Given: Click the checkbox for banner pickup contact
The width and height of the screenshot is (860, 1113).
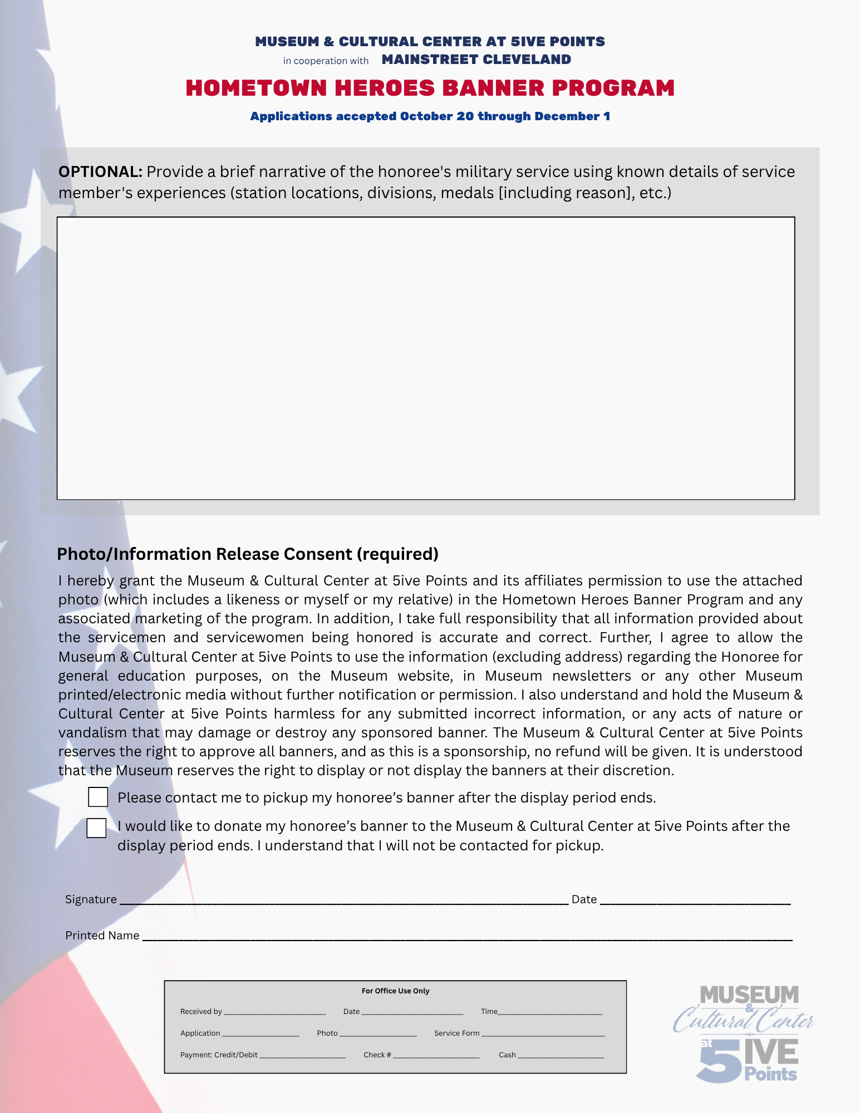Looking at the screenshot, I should (x=98, y=797).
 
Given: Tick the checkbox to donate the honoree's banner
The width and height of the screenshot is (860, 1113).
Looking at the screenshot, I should (x=96, y=828).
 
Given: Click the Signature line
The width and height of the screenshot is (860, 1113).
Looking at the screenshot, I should (x=344, y=900).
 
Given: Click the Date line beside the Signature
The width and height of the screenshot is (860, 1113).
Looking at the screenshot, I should (x=695, y=900).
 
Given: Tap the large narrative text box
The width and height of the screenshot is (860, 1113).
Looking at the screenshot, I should (x=426, y=358).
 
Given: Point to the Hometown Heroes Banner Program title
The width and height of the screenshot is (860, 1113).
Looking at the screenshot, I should (x=430, y=88).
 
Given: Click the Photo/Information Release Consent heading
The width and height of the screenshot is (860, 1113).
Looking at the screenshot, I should (x=248, y=554).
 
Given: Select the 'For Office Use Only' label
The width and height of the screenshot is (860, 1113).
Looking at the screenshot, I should (x=395, y=991).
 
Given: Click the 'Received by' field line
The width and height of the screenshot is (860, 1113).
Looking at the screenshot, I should (x=274, y=1012).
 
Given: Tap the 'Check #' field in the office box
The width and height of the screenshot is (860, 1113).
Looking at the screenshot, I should (x=436, y=1056).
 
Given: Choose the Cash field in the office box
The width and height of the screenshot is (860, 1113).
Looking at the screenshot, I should (x=561, y=1056).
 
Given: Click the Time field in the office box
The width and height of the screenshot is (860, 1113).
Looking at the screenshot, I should (x=550, y=1012).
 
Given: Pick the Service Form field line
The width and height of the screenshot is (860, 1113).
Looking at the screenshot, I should (x=543, y=1034).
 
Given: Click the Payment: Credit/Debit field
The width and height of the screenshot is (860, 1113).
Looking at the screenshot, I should (x=302, y=1056).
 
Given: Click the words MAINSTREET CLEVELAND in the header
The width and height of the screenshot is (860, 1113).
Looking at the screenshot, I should (x=476, y=60).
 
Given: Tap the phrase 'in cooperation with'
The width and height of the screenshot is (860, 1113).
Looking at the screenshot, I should (x=326, y=61).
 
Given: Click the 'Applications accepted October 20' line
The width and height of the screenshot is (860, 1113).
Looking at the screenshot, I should (x=430, y=116).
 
